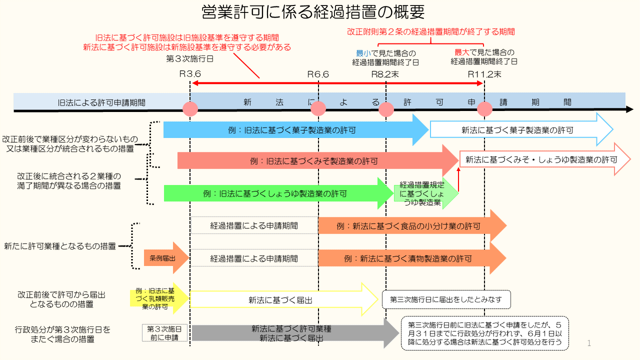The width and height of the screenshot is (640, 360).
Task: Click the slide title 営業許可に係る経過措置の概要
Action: coord(313,11)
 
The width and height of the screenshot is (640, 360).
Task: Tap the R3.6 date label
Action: coord(190,74)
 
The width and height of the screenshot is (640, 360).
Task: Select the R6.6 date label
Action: coord(318,74)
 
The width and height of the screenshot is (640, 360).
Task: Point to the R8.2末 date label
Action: coord(385,74)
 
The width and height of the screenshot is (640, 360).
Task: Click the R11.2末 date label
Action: coord(484,74)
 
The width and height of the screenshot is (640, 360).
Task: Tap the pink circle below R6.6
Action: coord(318,108)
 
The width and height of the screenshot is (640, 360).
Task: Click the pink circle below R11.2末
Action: coord(484,108)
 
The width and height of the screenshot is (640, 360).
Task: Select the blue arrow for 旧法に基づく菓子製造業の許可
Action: coord(292,130)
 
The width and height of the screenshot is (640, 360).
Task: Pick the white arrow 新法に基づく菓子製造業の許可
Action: coord(517,130)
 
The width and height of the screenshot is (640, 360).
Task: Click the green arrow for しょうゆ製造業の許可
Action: coord(275,194)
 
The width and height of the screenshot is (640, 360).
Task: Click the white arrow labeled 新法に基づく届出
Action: coord(280,300)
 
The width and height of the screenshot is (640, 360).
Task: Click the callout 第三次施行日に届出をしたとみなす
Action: coord(446,300)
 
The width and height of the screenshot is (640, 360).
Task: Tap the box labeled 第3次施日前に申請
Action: coord(164,333)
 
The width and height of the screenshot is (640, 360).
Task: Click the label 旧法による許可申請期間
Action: coord(101,102)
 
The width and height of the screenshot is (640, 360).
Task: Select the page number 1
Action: coord(589,343)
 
